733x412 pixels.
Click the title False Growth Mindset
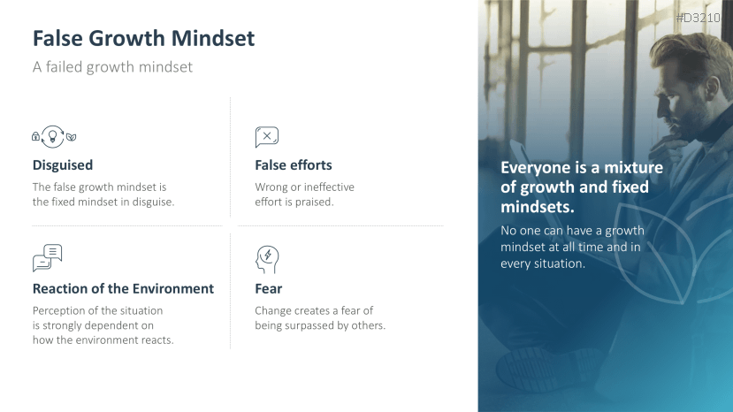coord(143,38)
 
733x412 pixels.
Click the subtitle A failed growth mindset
coord(112,67)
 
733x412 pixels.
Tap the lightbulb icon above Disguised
coord(53,136)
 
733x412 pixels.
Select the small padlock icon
coord(35,136)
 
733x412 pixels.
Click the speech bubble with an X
coord(267,137)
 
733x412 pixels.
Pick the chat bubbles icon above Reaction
coord(47,257)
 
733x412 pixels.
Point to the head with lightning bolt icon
coord(267,260)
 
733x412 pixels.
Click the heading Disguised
coord(63,165)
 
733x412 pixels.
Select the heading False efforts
coord(294,165)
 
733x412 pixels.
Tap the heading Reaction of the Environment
coord(124,288)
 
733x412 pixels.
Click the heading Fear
coord(269,288)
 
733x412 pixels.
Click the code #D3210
coord(699,18)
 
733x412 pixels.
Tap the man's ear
coord(711,87)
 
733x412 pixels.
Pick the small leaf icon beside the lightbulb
coord(71,137)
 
